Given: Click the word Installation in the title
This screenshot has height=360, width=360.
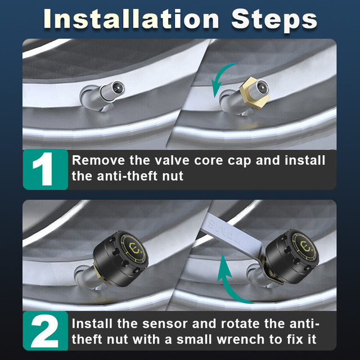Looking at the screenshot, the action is coord(131,19).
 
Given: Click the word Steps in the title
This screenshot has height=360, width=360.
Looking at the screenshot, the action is coord(274,21).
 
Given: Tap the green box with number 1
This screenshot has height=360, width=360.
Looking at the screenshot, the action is coord(46,169).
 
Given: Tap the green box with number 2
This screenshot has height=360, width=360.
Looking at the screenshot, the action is coord(46,331).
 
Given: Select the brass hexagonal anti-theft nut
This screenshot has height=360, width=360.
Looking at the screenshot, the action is coord(252,93).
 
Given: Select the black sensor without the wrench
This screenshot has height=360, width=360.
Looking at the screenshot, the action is coord(120,258).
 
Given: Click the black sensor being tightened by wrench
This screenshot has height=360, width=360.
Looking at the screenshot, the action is coord(292,256).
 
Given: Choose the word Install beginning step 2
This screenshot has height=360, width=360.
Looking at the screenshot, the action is coord(92,323).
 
